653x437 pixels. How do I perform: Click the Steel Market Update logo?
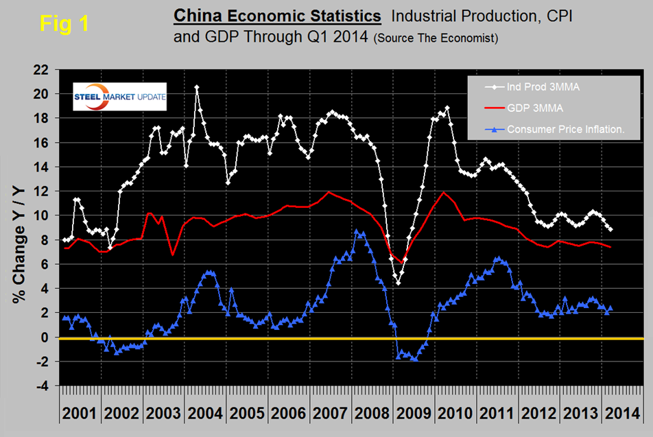point(120,97)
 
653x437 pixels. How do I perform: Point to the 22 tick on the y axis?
point(43,69)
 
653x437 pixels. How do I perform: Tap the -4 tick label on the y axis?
point(44,386)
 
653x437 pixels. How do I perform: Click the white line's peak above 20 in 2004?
point(197,87)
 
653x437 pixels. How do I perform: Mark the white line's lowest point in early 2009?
point(397,283)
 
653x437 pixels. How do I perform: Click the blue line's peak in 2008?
point(356,232)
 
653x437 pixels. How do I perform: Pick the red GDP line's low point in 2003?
point(172,255)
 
